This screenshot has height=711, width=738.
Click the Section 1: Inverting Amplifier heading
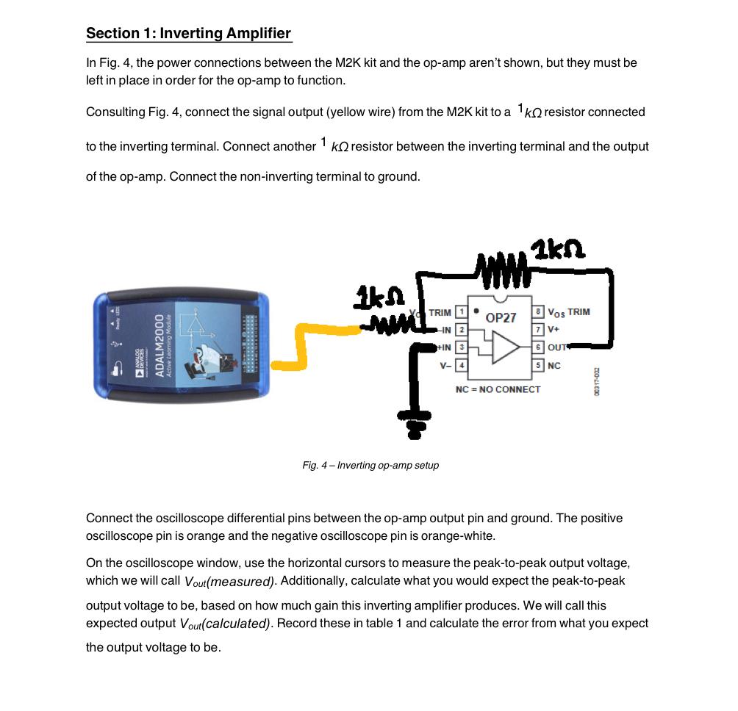(x=188, y=34)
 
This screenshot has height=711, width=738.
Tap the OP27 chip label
(x=501, y=318)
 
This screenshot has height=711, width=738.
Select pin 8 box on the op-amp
(x=539, y=312)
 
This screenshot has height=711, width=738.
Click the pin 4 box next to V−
(x=462, y=364)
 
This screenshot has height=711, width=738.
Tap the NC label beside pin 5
(x=554, y=365)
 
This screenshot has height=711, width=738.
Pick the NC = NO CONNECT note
(x=498, y=389)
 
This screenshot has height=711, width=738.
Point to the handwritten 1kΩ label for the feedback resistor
(x=560, y=250)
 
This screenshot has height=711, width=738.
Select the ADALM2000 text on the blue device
(x=160, y=345)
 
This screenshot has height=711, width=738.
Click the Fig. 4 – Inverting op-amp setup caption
(x=370, y=466)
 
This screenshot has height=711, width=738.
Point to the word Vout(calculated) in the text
(x=225, y=624)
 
